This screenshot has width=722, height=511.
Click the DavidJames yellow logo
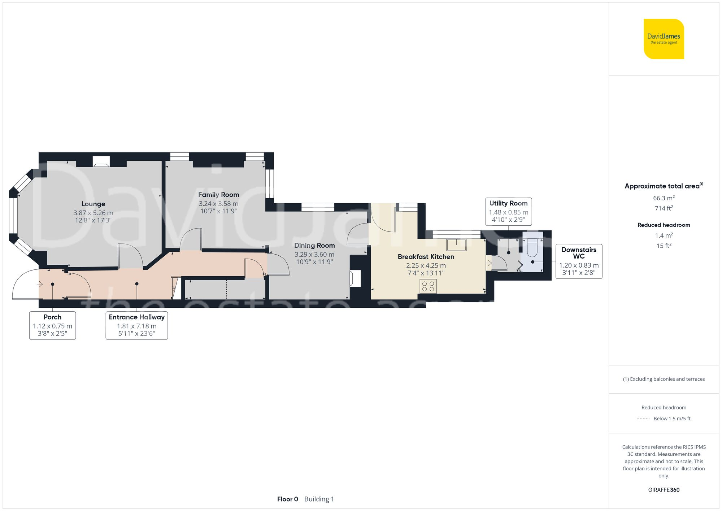(664, 39)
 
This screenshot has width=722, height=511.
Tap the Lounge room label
(93, 204)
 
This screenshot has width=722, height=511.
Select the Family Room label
(218, 195)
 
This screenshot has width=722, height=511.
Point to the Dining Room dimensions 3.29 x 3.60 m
(314, 255)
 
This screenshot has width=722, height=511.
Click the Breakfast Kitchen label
(426, 257)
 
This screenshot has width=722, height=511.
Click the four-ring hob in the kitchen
(428, 286)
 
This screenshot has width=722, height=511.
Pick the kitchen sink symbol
(456, 245)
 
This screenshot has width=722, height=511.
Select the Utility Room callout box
(508, 212)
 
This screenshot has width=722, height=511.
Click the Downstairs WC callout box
(579, 261)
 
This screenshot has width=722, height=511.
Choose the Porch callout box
(53, 325)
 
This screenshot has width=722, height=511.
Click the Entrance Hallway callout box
(136, 325)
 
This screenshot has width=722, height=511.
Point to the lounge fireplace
(101, 161)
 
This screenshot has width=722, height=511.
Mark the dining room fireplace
(355, 278)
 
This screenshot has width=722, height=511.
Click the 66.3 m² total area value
(664, 198)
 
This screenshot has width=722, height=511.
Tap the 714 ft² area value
(664, 208)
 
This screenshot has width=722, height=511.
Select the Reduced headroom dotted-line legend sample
(643, 419)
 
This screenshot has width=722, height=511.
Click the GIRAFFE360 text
(664, 490)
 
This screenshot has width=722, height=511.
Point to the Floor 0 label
(287, 499)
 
